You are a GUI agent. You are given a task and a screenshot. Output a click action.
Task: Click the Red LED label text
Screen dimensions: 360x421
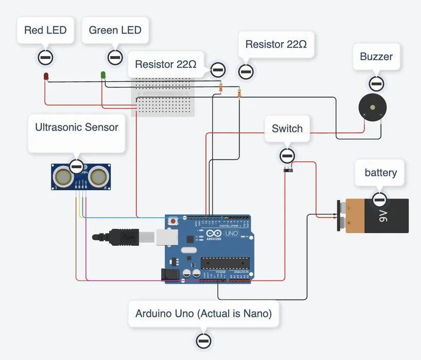tap(45, 30)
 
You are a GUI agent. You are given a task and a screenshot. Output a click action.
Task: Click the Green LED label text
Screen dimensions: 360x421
tap(115, 30)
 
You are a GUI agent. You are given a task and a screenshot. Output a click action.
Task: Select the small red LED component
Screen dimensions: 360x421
tap(46, 77)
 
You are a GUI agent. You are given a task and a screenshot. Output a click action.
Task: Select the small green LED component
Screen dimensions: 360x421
tap(103, 75)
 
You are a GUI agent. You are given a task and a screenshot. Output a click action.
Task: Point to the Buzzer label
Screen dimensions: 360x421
tap(376, 57)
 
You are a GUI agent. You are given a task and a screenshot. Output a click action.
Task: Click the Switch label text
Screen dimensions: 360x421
tap(287, 129)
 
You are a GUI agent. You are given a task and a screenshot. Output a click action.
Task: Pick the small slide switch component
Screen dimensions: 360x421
tap(288, 169)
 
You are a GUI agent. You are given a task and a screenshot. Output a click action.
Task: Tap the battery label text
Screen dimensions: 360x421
tap(380, 172)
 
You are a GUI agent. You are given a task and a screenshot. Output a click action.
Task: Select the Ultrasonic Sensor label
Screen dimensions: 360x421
tap(77, 127)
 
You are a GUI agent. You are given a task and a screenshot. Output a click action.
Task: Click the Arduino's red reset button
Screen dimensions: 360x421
tap(174, 222)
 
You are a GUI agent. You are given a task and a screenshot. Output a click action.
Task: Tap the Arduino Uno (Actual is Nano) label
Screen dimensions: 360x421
tap(203, 313)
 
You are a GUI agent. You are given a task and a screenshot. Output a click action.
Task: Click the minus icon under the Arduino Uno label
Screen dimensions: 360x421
tap(204, 340)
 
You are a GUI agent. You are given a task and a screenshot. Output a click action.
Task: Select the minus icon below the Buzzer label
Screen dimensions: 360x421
tap(376, 83)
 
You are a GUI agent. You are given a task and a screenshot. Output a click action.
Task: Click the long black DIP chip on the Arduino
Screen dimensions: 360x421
tap(225, 262)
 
